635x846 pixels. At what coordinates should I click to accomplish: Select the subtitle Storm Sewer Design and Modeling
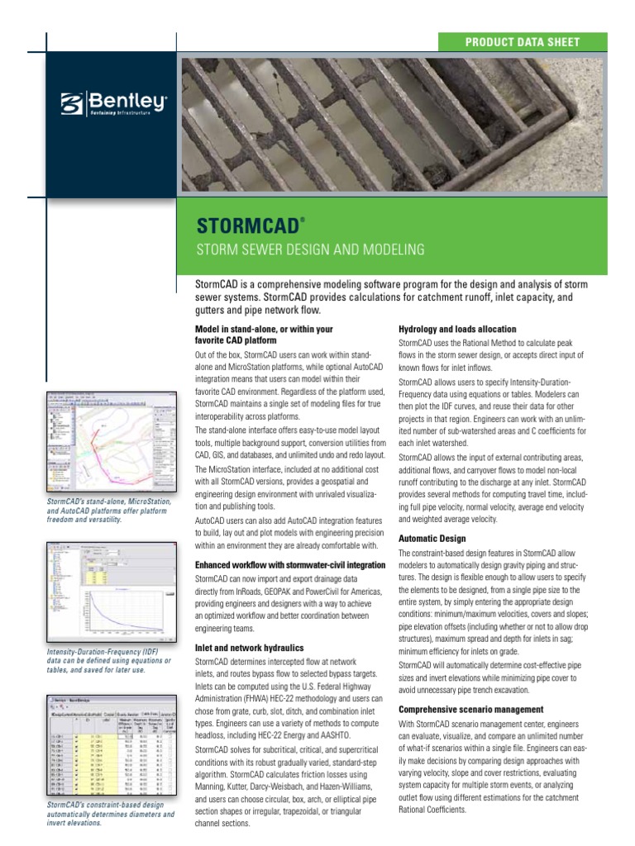309,249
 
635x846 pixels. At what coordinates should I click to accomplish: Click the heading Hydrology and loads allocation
457,329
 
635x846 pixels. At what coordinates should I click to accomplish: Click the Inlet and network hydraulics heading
249,648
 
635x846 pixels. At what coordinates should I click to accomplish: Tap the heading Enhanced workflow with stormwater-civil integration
289,564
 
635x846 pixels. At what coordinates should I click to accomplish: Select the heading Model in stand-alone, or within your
263,329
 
